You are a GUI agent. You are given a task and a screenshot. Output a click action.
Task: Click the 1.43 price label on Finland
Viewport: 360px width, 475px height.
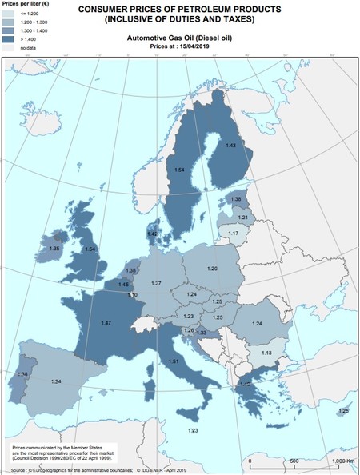[x=230, y=146]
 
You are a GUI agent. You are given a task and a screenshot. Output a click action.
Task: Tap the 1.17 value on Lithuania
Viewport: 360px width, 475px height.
[x=234, y=233]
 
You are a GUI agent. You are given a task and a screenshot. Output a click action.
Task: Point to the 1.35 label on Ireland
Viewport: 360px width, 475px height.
[x=54, y=249]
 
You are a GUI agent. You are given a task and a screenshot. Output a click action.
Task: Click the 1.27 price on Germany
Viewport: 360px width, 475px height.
[x=157, y=285]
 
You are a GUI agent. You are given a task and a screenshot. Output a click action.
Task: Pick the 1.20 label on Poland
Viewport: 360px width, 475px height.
[x=212, y=269]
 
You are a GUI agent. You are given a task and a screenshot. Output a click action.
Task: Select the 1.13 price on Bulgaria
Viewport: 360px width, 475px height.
[x=267, y=353]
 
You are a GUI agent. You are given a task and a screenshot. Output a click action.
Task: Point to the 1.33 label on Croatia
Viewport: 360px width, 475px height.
[x=202, y=333]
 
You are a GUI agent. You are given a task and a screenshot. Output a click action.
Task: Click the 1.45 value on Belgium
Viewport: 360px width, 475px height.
[x=124, y=285]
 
